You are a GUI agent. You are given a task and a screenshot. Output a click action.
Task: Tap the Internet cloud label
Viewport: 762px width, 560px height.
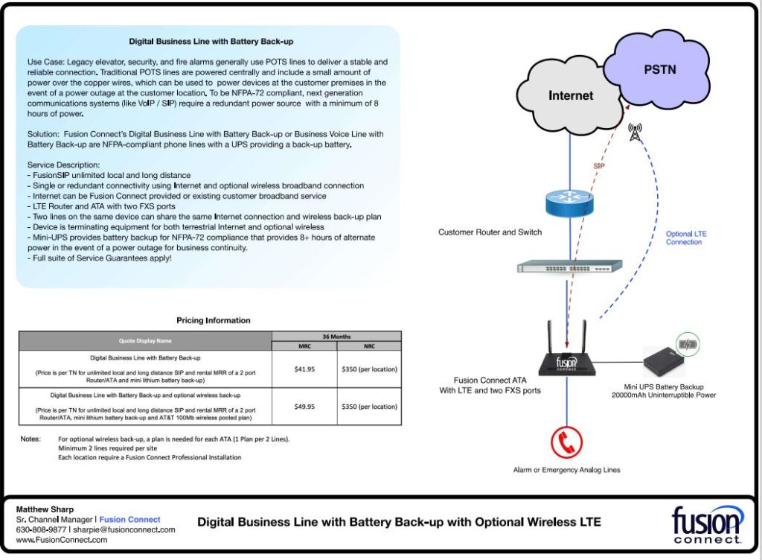[x=571, y=95]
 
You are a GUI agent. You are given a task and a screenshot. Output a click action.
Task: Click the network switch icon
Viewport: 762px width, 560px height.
[x=569, y=267]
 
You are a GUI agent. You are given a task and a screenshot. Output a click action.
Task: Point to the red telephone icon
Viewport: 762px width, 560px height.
[x=567, y=443]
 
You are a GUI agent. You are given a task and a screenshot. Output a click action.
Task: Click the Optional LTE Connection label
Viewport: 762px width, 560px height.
[x=686, y=238]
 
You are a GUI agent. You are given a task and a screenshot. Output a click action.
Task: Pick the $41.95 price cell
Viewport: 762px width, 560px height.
[x=304, y=369]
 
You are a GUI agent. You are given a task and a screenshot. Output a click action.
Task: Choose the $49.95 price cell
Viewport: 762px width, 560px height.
[x=304, y=407]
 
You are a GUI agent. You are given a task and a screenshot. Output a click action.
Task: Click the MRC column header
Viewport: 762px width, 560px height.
[x=304, y=346]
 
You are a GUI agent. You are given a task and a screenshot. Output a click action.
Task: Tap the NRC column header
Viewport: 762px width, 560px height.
[x=368, y=346]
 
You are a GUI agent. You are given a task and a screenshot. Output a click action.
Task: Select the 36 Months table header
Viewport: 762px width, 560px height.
[x=336, y=336]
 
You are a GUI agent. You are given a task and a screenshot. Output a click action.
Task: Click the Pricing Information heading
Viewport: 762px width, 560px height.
[x=214, y=320]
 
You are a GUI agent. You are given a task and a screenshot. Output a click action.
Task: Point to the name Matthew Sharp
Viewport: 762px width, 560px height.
[x=45, y=509]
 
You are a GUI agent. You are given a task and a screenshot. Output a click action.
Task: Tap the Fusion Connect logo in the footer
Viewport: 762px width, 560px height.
[x=707, y=524]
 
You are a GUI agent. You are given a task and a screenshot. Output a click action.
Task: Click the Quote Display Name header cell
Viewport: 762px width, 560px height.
[x=145, y=341]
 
